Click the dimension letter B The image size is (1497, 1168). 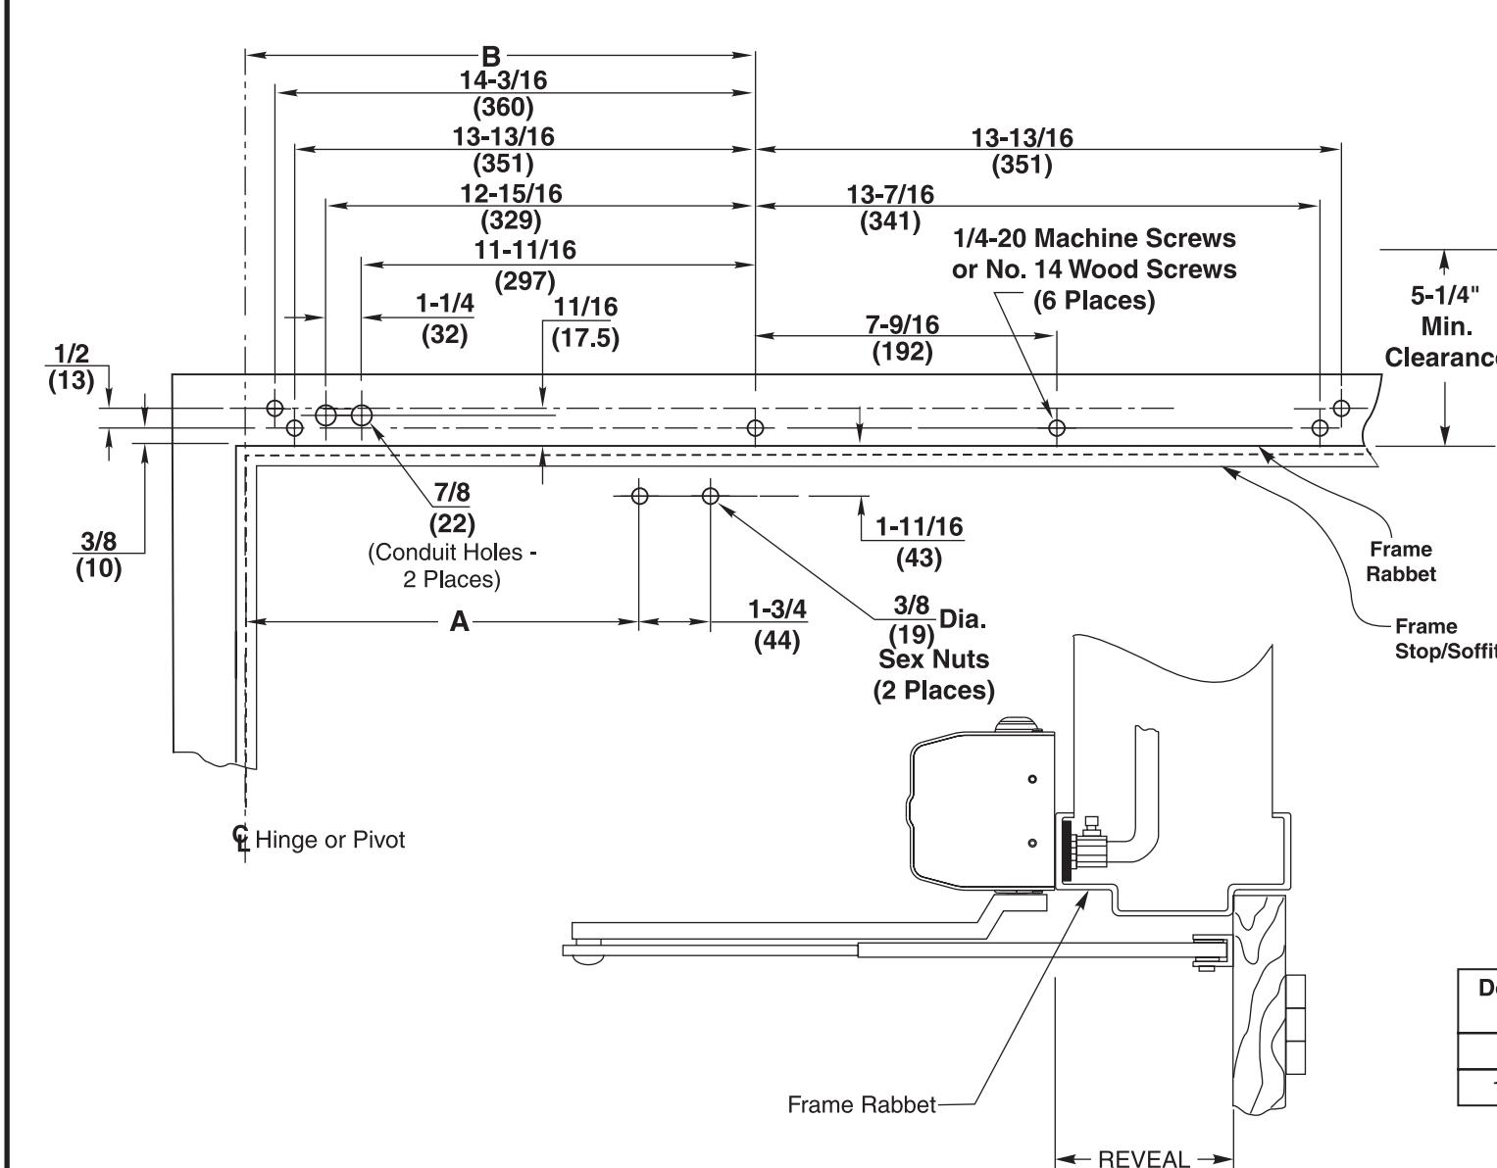[490, 56]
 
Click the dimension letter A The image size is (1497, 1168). [460, 622]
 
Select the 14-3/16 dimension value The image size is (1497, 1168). [504, 80]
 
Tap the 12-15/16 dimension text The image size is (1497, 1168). [511, 193]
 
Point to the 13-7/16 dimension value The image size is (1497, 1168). [890, 195]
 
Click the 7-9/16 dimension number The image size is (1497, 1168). [903, 324]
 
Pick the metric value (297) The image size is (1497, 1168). [524, 281]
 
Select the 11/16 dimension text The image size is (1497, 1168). [586, 307]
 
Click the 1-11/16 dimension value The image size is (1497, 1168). [919, 526]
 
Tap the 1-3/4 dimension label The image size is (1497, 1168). [777, 609]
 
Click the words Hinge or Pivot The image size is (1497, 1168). [330, 840]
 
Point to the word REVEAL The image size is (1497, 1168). [1144, 1158]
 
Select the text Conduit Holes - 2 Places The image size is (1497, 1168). [452, 565]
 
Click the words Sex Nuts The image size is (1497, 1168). [933, 659]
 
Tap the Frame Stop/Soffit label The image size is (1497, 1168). [1445, 639]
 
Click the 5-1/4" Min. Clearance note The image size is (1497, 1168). [1444, 326]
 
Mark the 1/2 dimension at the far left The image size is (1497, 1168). [71, 354]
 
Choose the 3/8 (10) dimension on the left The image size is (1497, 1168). [98, 555]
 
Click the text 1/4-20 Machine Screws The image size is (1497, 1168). [1094, 238]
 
